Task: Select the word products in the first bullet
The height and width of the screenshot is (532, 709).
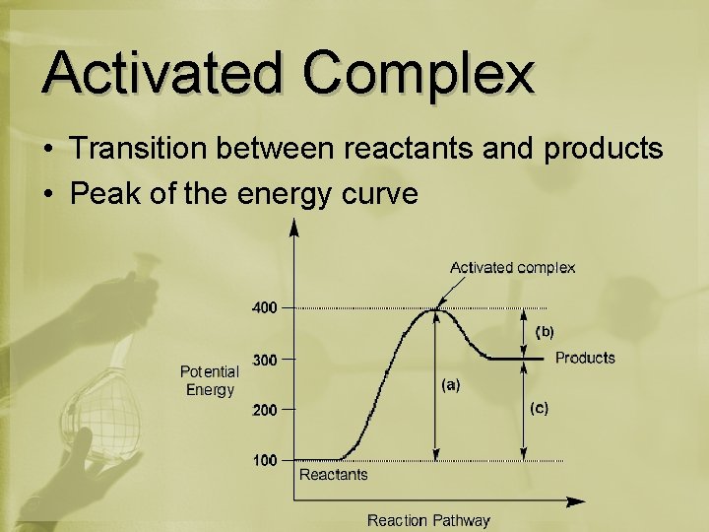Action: point(604,150)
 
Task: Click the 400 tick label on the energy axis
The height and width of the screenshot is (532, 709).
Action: point(265,307)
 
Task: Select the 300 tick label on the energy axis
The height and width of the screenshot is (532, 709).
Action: point(265,360)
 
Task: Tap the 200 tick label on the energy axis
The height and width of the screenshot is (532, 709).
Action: point(265,411)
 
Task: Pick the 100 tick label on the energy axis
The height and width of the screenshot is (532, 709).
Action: point(265,460)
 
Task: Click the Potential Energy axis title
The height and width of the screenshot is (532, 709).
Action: point(210,380)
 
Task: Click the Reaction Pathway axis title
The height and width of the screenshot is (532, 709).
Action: point(428,519)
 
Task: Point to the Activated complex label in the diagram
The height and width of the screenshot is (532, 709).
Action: point(512,267)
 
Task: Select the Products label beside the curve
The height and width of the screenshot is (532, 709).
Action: point(585,358)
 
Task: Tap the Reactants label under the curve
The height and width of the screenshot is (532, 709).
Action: point(334,475)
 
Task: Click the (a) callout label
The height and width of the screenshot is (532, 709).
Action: point(450,385)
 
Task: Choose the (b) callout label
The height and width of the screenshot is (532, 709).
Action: point(544,332)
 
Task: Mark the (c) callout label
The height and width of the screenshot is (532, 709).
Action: point(540,407)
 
